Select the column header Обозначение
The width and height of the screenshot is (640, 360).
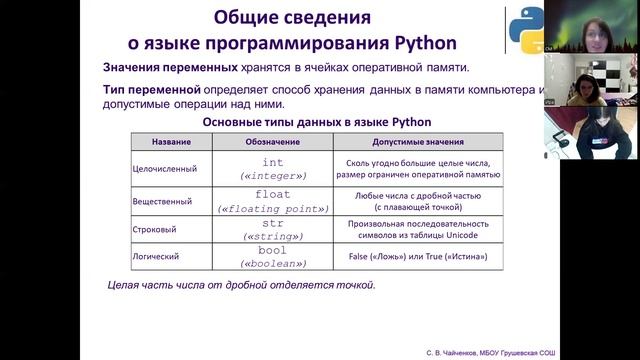coord(272,143)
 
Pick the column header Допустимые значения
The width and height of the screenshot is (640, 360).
coord(419,143)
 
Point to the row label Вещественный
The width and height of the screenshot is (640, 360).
coord(163,202)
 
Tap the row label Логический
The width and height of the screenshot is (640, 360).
coord(158,258)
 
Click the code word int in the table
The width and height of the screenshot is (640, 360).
coord(273,162)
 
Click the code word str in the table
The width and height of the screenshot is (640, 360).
coord(273,224)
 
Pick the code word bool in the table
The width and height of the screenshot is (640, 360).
coord(273,250)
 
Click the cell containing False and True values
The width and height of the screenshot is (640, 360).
coord(419,257)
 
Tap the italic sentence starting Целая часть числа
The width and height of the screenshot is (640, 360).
coord(241,285)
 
